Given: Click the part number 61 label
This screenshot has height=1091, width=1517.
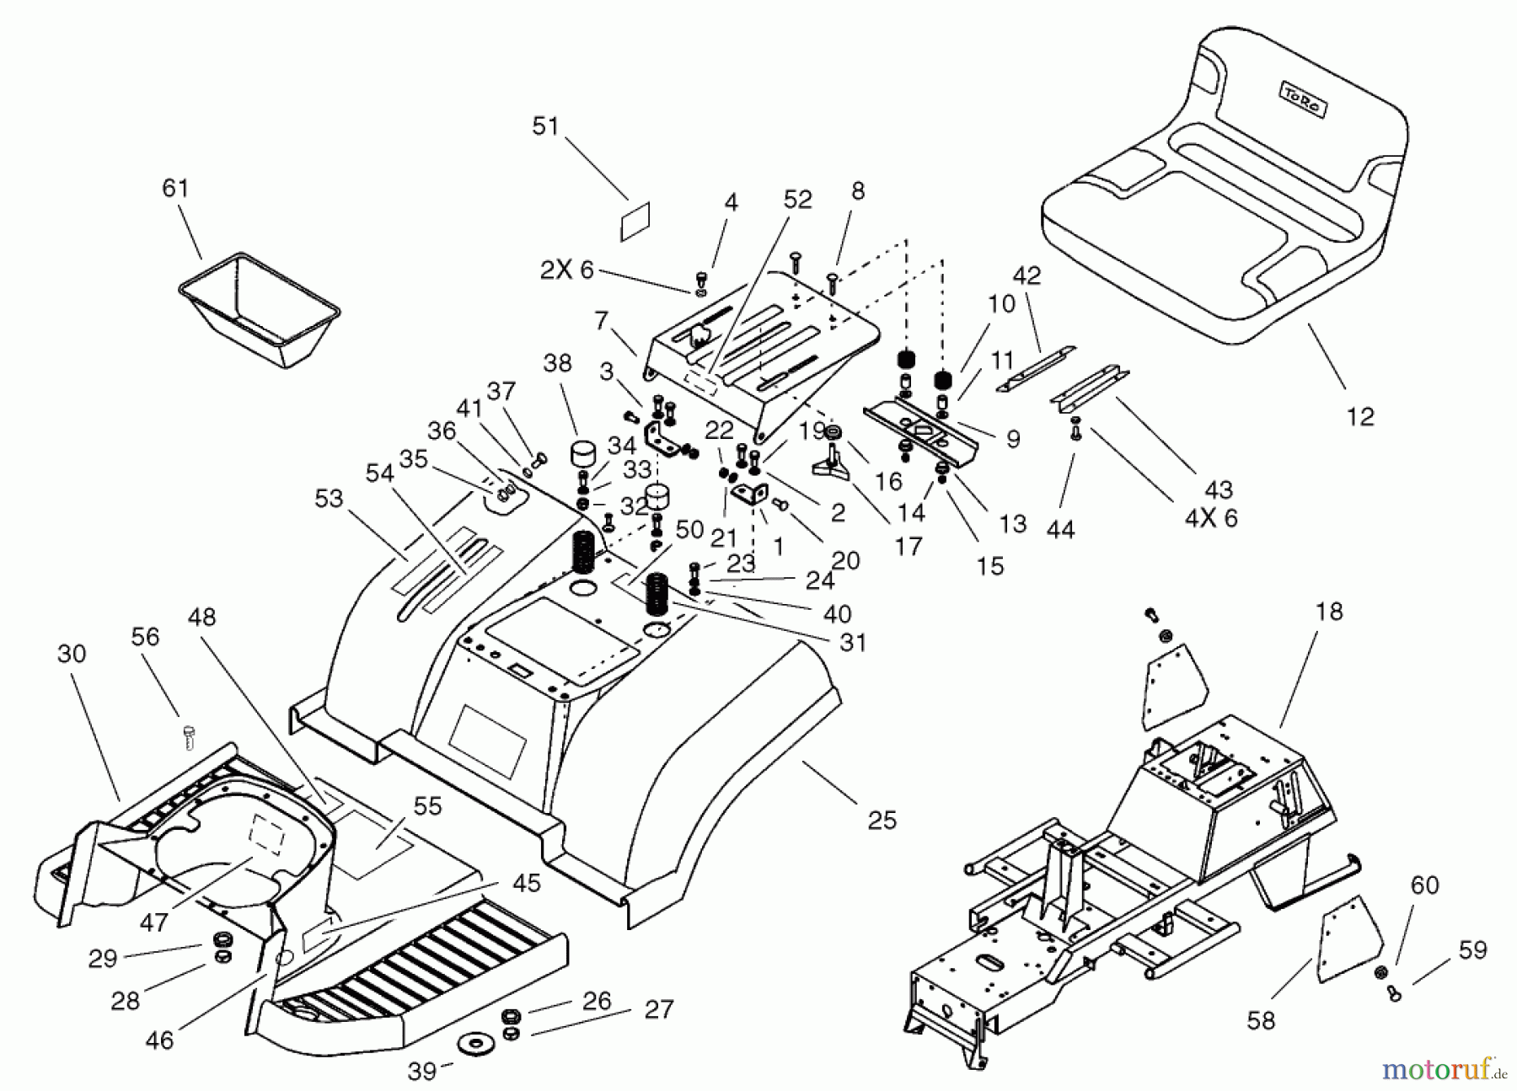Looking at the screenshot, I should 175,188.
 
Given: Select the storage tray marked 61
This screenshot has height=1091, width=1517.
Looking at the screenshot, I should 260,308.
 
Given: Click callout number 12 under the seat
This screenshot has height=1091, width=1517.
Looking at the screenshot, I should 1360,416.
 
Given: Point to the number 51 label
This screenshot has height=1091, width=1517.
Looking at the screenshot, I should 545,126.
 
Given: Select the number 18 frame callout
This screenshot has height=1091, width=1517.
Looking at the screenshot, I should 1329,611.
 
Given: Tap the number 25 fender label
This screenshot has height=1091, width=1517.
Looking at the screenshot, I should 882,820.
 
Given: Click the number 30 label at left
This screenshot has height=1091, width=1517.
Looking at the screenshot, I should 72,653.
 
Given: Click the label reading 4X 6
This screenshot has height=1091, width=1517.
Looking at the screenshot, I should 1211,517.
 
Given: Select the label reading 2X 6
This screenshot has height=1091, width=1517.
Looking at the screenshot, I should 566,270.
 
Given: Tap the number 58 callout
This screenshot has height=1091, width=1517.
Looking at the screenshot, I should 1262,1020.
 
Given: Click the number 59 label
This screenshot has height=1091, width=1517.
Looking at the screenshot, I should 1473,950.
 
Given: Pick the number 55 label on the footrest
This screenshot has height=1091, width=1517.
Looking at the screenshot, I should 427,806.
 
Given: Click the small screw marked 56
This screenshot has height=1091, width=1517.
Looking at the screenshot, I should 188,737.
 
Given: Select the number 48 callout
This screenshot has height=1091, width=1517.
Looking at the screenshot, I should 201,618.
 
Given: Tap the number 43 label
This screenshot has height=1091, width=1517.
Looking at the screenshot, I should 1219,489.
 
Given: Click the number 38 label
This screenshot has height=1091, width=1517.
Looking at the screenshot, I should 557,363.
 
